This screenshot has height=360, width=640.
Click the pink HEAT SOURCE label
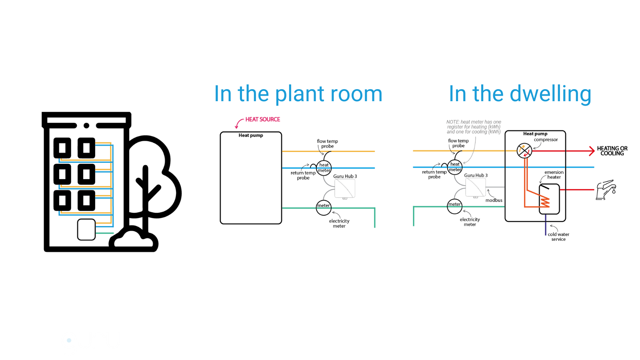click(x=262, y=119)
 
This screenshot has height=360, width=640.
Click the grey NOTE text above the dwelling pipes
click(x=474, y=127)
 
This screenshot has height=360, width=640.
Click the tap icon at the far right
click(x=606, y=189)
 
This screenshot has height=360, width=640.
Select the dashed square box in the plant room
click(x=344, y=188)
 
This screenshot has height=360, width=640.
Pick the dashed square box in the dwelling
click(x=476, y=187)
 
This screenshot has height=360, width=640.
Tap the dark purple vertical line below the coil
click(x=546, y=225)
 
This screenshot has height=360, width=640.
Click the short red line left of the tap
click(x=577, y=189)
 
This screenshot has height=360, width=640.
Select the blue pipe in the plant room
click(x=352, y=168)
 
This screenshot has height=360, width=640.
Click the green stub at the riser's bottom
click(x=105, y=233)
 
